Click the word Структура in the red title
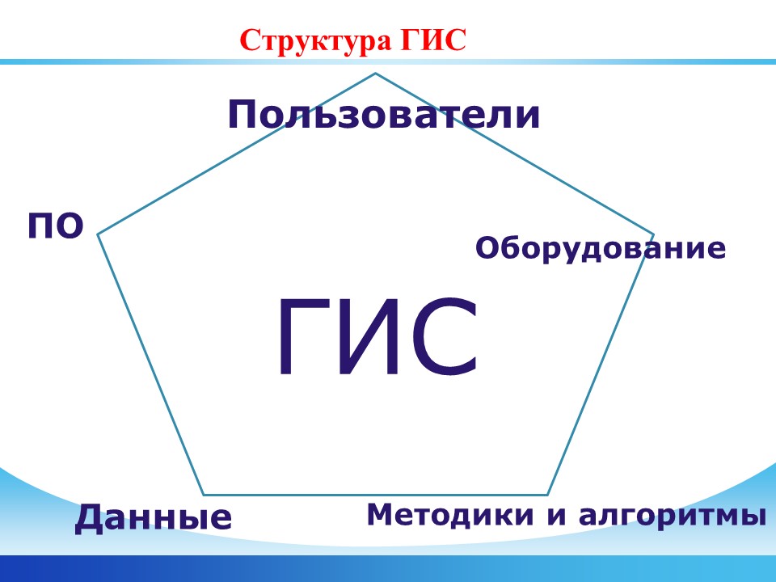tap(314, 41)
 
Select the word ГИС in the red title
tap(433, 40)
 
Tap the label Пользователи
tap(383, 114)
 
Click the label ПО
tap(56, 226)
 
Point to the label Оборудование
tap(601, 248)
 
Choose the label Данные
tap(154, 517)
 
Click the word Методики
tap(450, 515)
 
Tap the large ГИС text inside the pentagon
tap(378, 336)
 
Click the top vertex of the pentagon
tap(375, 74)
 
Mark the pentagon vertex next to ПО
tap(98, 234)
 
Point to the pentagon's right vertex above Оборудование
tap(653, 234)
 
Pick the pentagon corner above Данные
tap(204, 495)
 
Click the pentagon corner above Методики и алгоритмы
tap(548, 495)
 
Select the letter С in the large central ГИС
tap(443, 336)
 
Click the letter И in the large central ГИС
tap(369, 336)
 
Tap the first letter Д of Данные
tap(92, 519)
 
